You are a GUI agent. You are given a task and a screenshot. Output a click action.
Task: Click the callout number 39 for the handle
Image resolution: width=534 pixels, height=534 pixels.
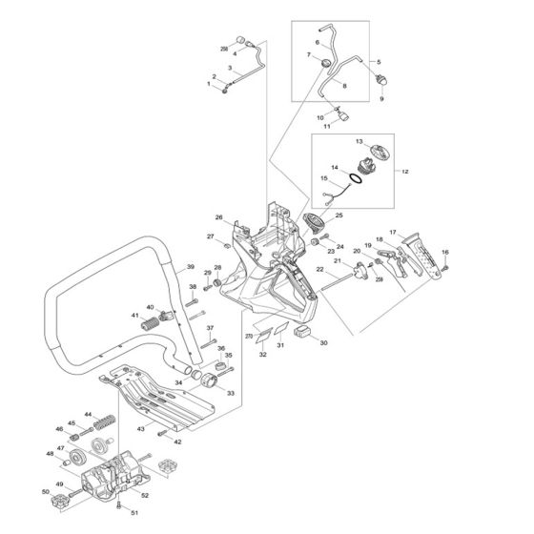click(x=190, y=267)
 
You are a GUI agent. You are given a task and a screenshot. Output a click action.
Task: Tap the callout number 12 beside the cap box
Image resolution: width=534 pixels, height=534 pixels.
click(x=404, y=172)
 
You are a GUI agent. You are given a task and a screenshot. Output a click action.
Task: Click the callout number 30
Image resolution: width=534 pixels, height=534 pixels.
click(x=323, y=342)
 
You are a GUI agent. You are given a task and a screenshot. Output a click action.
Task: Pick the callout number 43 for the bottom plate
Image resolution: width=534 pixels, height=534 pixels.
click(x=140, y=430)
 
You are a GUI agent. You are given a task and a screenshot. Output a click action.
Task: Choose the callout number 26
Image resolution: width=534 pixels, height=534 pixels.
click(x=218, y=217)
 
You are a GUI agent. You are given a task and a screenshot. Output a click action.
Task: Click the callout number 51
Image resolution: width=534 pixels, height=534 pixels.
click(x=133, y=514)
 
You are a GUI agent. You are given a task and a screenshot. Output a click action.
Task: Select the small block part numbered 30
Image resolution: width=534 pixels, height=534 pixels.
click(x=303, y=330)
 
